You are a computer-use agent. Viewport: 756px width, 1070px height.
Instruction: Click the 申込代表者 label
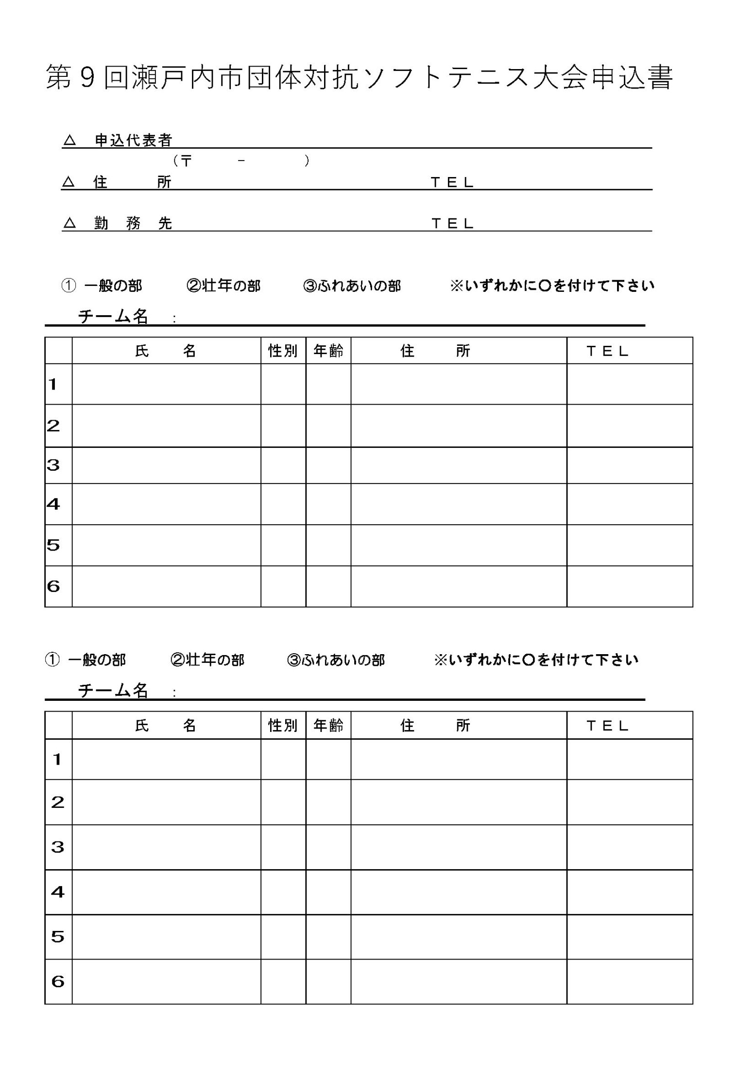click(x=133, y=141)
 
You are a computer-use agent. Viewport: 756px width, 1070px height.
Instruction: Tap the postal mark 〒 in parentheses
click(x=186, y=161)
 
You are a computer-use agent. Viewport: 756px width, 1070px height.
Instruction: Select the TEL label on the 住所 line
click(x=452, y=182)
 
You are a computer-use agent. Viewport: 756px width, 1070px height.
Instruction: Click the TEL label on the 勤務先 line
click(x=452, y=224)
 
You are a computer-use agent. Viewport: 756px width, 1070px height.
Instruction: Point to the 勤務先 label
click(x=133, y=224)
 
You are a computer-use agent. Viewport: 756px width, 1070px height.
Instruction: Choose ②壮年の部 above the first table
click(x=223, y=286)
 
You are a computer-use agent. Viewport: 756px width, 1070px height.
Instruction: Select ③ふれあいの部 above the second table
click(x=336, y=660)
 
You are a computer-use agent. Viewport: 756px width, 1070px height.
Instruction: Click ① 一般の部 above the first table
click(x=102, y=286)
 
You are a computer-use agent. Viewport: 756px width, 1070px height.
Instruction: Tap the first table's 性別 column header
click(x=283, y=351)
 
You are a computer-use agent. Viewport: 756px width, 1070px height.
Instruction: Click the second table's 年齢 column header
click(x=328, y=726)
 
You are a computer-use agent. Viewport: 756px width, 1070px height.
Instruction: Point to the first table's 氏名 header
click(x=166, y=351)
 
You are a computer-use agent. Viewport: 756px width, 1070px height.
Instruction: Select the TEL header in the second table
click(x=607, y=726)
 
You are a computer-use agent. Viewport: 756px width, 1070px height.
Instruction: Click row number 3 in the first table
click(x=53, y=465)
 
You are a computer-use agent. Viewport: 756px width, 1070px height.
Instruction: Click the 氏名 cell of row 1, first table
click(x=166, y=384)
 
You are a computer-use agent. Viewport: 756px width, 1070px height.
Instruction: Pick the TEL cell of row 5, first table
click(x=629, y=545)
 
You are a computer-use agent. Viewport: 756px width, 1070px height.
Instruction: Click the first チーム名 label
click(x=113, y=317)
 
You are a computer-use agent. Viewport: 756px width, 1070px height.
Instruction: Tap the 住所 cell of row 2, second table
click(x=459, y=802)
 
